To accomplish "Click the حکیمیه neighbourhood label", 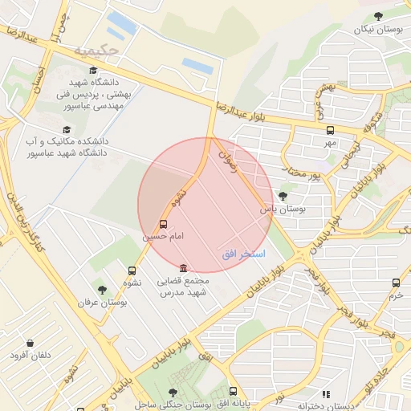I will tap(96, 51).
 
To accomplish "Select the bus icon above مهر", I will tap(330, 130).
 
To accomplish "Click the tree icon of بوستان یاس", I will tap(282, 195).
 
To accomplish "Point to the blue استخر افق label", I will tap(243, 254).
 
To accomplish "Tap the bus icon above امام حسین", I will tap(164, 224).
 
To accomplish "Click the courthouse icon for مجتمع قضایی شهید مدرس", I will tap(184, 268).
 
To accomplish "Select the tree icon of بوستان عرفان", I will tap(102, 289).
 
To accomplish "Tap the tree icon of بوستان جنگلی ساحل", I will tap(173, 392).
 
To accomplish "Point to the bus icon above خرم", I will tap(396, 283).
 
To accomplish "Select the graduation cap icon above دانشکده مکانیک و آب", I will tap(66, 128).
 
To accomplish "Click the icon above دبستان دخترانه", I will tap(326, 394).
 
